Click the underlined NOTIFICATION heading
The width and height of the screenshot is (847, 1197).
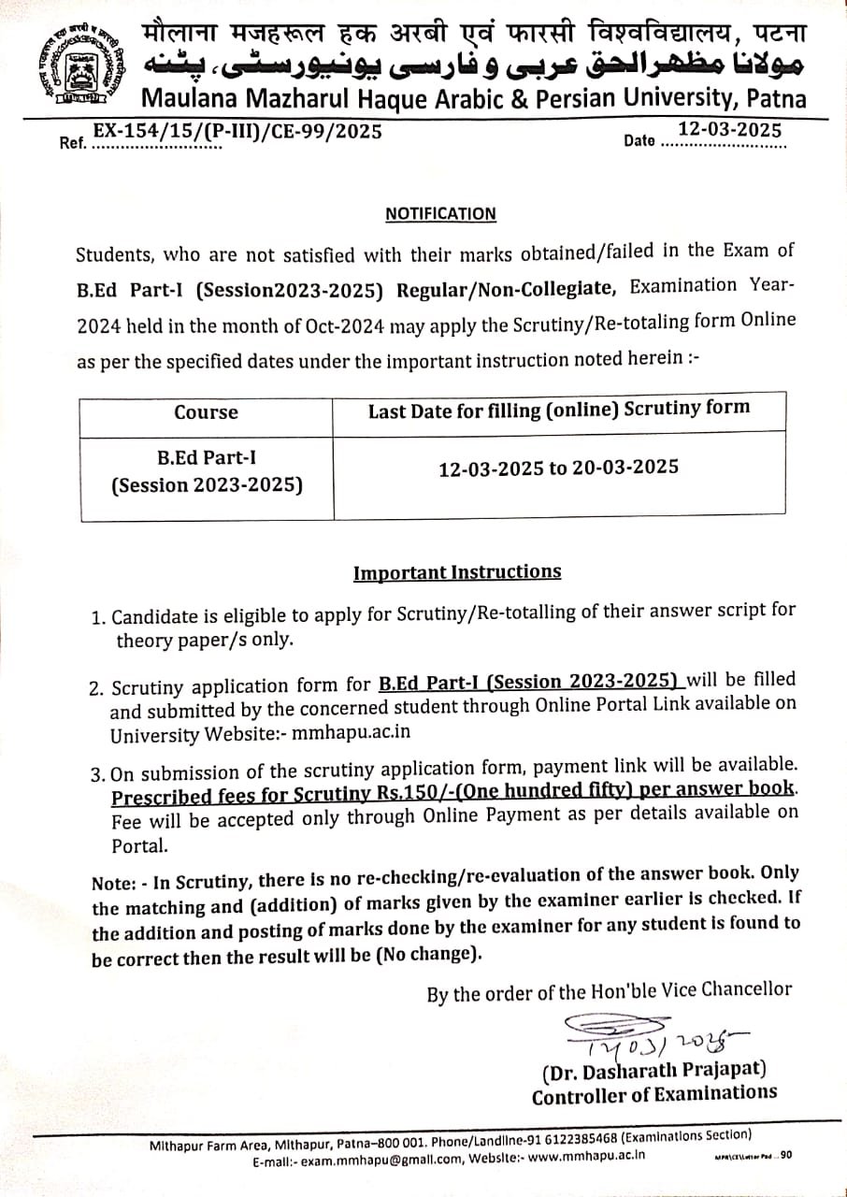coord(440,214)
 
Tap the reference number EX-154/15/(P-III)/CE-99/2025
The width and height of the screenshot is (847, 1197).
coord(238,132)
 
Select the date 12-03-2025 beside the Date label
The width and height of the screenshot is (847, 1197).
coord(730,130)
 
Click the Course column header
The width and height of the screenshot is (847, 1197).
coord(206,412)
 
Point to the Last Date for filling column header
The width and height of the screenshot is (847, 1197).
coord(559,409)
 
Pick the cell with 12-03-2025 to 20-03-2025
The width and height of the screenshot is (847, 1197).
coord(559,468)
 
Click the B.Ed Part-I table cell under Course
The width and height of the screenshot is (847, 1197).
coord(206,472)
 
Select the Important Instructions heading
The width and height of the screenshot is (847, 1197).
coord(457,571)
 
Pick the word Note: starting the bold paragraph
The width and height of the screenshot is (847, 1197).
coord(111,883)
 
